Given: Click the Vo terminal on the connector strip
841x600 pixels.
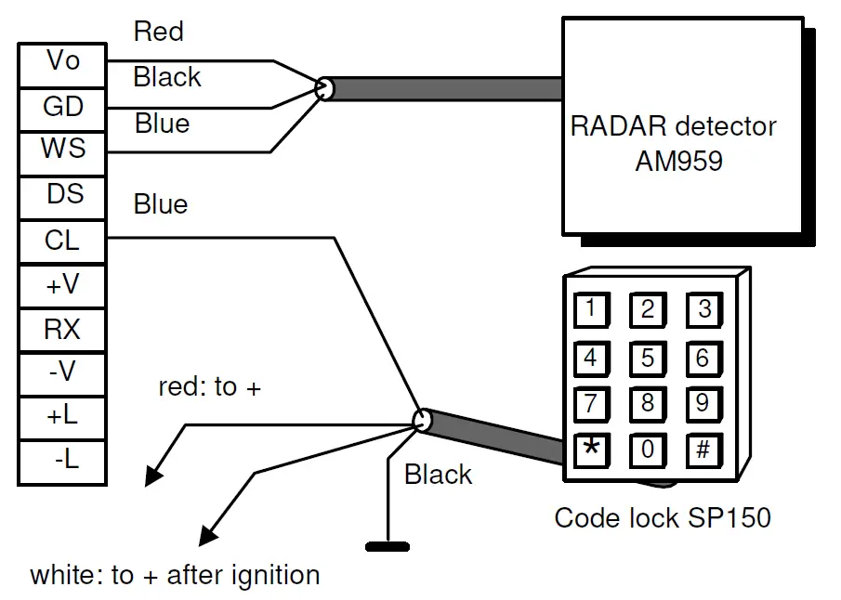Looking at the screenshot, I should (x=63, y=63).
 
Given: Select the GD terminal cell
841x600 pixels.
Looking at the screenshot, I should (x=63, y=107).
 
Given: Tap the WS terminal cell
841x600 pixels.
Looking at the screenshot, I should (x=63, y=150).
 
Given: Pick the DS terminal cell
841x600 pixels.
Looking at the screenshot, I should (x=63, y=194).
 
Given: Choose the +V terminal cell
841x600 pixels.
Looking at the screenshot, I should (x=63, y=285).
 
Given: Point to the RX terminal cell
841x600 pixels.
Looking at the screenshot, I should (x=63, y=329).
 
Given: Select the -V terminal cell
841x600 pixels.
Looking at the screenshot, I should (x=63, y=372).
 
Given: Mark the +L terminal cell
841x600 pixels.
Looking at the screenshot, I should (x=63, y=416).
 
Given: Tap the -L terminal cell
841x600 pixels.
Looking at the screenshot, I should (x=63, y=461).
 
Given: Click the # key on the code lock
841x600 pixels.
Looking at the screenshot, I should (x=703, y=450).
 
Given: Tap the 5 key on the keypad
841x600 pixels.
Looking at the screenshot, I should (x=647, y=357).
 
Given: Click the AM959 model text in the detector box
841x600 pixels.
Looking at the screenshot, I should (x=679, y=161).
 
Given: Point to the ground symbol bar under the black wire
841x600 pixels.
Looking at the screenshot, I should (x=388, y=546).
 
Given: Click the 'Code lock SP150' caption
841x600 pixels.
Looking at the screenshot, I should (x=663, y=517).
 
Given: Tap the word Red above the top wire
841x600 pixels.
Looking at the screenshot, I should (x=159, y=32).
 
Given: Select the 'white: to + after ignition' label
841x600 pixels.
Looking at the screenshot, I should (x=175, y=575).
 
